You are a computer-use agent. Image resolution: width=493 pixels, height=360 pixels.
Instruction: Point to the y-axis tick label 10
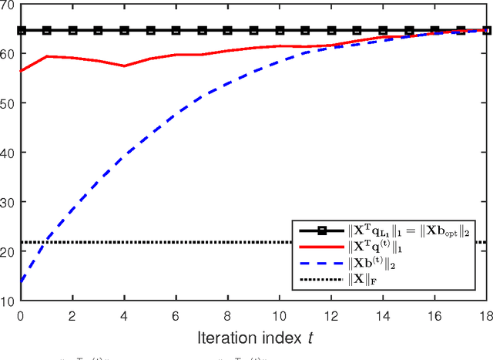[9, 301]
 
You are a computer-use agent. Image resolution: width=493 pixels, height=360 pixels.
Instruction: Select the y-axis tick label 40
[9, 153]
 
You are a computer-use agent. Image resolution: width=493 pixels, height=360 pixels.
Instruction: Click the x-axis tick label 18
[487, 315]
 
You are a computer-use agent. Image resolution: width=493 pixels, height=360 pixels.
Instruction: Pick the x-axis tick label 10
[280, 315]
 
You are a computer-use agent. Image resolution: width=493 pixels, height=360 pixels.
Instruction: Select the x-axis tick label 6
[176, 315]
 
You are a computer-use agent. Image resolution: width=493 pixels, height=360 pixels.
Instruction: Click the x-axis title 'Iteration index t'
[253, 337]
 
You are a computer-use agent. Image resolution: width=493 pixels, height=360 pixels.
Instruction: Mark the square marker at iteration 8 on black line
[228, 31]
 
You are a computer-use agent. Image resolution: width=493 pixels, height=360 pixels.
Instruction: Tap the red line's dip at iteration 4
[124, 66]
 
